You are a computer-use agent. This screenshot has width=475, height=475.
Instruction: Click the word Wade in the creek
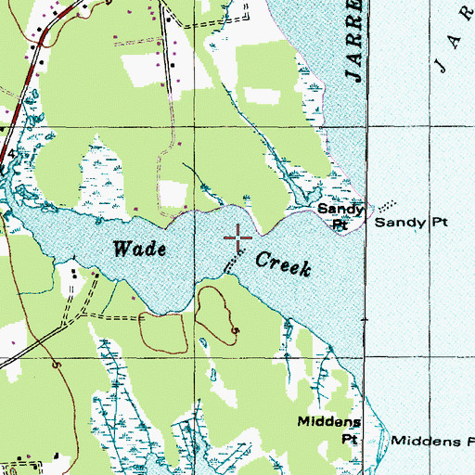click(140, 249)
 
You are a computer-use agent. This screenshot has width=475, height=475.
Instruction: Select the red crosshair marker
click(238, 237)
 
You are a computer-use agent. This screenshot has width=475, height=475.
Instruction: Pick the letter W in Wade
click(122, 249)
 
